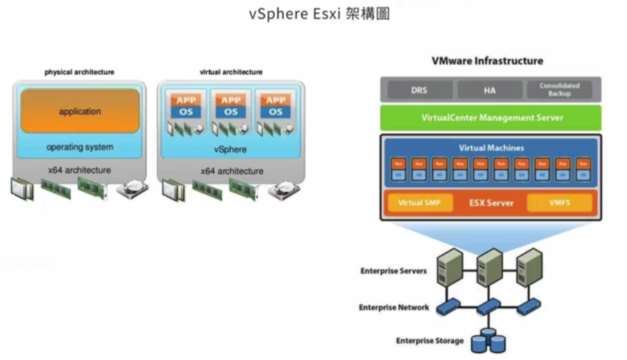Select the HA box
(x=490, y=89)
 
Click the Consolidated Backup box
(x=559, y=89)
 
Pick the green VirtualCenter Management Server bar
(x=491, y=118)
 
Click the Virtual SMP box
(x=419, y=203)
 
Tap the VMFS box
(x=559, y=203)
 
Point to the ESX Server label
(x=491, y=203)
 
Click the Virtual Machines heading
(x=491, y=148)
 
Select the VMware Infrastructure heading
(x=488, y=61)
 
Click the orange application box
(x=80, y=111)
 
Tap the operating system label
(x=80, y=147)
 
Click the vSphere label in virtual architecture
(x=231, y=149)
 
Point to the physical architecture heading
(x=80, y=72)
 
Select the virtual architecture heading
(x=231, y=72)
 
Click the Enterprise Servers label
(x=394, y=271)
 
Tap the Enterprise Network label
(x=394, y=308)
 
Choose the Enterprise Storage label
(x=430, y=340)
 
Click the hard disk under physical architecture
(x=132, y=190)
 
